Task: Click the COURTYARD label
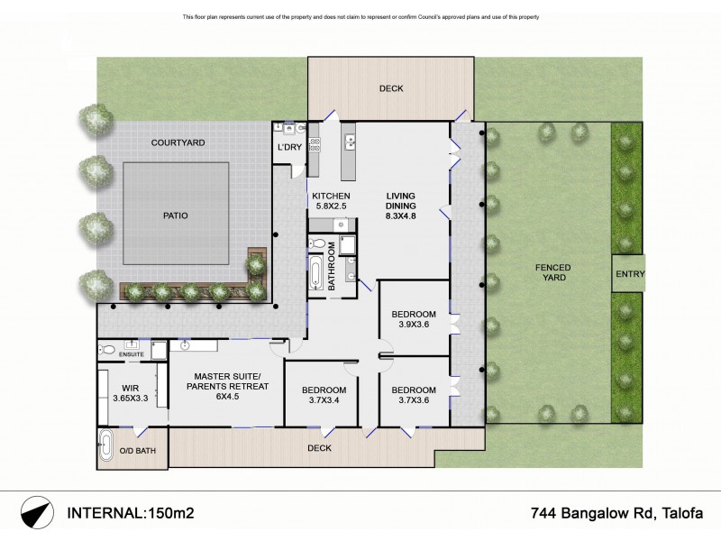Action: click(178, 142)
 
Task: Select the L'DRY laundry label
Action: click(288, 147)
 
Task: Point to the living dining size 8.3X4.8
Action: click(401, 217)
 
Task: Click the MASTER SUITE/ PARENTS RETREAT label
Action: click(227, 388)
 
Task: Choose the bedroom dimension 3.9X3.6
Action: click(414, 326)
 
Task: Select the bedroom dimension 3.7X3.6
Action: click(414, 401)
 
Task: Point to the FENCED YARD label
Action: click(552, 273)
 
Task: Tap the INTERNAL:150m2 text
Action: click(131, 514)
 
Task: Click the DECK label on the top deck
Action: click(391, 88)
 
